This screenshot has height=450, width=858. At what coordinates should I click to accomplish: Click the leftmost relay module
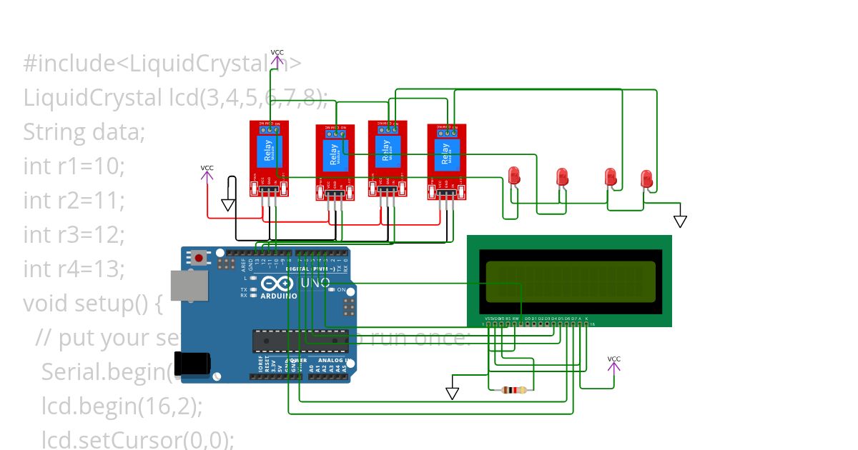pos(269,158)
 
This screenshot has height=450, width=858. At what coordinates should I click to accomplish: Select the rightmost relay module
pos(447,161)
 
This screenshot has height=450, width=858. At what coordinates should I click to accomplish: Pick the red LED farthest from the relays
pos(646,179)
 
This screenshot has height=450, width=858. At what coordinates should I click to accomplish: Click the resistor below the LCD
pos(514,390)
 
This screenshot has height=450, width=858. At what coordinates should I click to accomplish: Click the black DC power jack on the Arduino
pos(192,364)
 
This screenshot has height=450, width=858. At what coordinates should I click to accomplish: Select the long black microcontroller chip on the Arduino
pos(300,341)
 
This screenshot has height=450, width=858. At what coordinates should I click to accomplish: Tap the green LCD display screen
pos(570,281)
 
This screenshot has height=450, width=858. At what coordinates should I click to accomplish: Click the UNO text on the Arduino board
pos(315,283)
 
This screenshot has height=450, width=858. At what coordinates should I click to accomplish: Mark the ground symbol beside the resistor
pos(452,394)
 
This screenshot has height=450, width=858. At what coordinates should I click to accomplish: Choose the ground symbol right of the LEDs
pos(680,221)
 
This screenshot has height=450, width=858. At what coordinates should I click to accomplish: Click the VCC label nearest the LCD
pos(613,359)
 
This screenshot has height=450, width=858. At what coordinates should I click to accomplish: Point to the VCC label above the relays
pos(277,53)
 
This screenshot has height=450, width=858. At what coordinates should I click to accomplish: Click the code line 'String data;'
pos(84,132)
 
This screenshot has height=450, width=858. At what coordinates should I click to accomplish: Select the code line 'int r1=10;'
pos(74,166)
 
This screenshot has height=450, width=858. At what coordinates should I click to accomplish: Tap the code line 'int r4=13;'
pos(74,269)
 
